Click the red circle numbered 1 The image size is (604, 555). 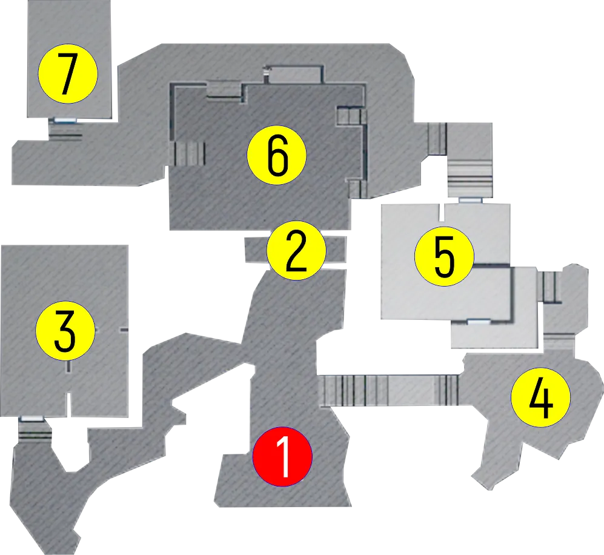(x=282, y=456)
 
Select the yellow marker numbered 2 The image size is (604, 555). (x=296, y=250)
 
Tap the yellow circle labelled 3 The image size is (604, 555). (x=65, y=331)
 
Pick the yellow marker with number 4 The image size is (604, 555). (x=540, y=397)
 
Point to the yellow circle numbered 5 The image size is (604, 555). (x=444, y=256)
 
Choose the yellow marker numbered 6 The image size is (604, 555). (x=277, y=155)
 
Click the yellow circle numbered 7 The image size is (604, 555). (x=68, y=73)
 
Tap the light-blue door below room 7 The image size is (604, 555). (x=65, y=121)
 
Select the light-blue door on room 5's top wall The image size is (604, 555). (x=470, y=201)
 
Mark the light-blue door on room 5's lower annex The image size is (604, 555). (x=479, y=322)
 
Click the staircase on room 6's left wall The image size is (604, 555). (x=190, y=153)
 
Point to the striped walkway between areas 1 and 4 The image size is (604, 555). (x=389, y=390)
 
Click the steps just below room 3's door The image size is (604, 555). (x=35, y=433)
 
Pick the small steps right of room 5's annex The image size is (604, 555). (x=549, y=287)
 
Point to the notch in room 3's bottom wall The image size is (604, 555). (x=69, y=405)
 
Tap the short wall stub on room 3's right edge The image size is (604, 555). (x=124, y=330)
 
